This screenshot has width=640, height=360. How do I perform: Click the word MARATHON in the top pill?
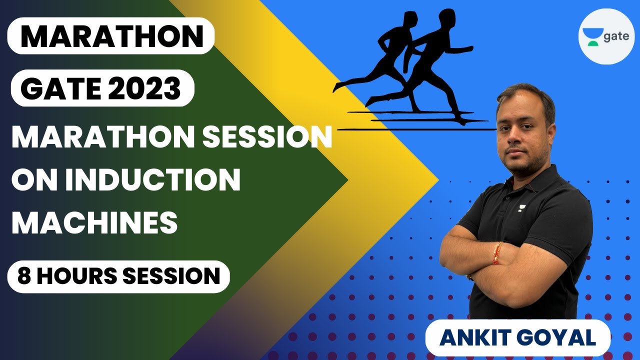[112, 36]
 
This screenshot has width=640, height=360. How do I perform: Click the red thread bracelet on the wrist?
[497, 253]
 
